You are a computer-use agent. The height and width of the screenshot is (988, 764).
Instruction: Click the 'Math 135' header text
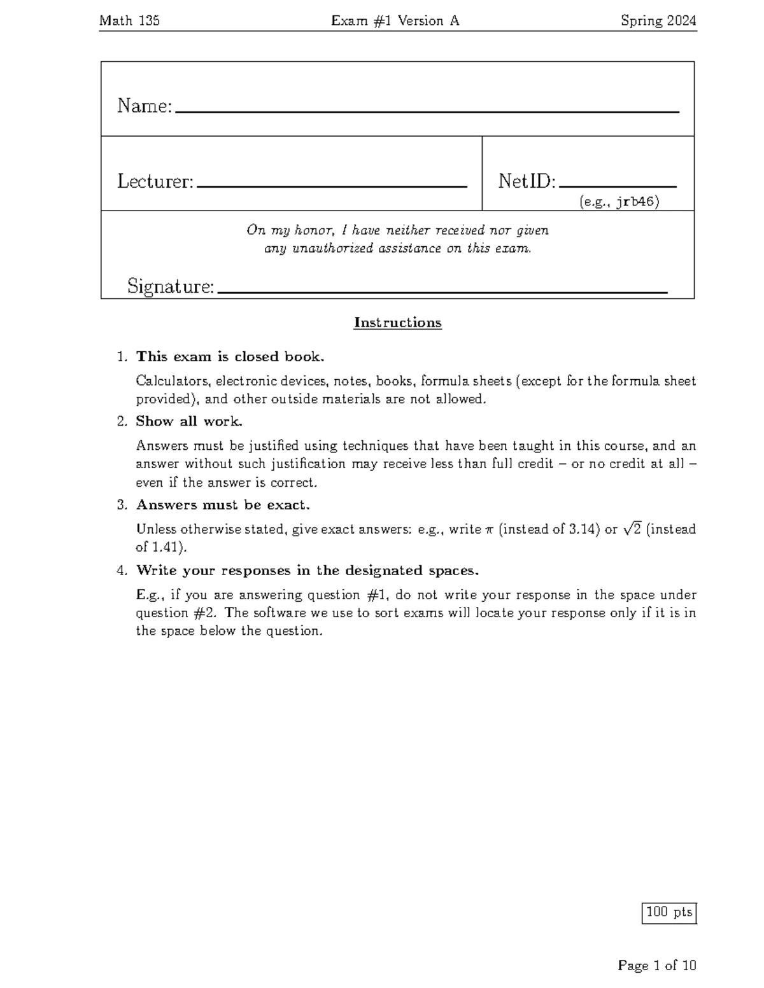[x=129, y=21]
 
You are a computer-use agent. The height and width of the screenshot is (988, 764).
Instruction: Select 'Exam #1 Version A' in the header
[x=395, y=21]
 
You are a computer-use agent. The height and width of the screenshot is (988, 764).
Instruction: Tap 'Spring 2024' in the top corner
[x=658, y=21]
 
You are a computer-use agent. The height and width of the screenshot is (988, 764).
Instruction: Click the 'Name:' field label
[x=145, y=106]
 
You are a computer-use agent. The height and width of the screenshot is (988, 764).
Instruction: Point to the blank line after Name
[x=427, y=111]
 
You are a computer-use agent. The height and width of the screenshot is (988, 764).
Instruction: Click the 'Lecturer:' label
[x=155, y=181]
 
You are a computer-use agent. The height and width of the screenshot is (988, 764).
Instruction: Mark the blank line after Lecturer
[x=332, y=186]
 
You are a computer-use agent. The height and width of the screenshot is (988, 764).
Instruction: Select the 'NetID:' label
[x=527, y=181]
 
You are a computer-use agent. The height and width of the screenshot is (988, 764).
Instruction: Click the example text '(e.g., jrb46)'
[x=619, y=202]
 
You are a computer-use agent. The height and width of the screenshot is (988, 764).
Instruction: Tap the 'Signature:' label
[x=171, y=286]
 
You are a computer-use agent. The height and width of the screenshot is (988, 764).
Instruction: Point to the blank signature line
[x=442, y=292]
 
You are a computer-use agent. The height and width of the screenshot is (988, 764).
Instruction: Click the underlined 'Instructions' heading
[x=397, y=323]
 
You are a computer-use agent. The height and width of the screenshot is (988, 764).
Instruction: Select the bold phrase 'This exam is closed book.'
[x=230, y=356]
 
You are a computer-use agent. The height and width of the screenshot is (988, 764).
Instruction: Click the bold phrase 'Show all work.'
[x=189, y=421]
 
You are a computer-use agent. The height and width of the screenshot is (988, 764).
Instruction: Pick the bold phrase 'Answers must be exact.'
[x=223, y=505]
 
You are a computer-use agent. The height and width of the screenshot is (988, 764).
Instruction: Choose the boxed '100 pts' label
[x=669, y=912]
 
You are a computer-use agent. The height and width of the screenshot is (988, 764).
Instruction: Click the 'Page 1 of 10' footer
[x=656, y=966]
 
